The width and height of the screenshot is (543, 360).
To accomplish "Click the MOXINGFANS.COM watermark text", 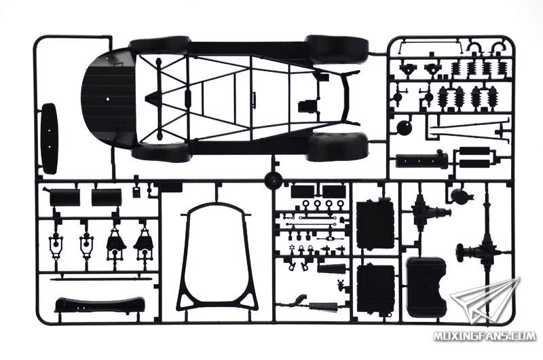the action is click(x=485, y=336).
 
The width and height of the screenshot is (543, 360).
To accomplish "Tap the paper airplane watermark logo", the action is click(x=485, y=301).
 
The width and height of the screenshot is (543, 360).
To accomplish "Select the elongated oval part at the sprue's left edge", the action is click(x=49, y=139).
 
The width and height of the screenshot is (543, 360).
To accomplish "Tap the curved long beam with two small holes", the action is click(x=100, y=304).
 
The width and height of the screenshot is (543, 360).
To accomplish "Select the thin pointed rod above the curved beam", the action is click(x=101, y=278).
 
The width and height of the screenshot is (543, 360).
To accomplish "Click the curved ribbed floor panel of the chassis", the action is click(x=108, y=98).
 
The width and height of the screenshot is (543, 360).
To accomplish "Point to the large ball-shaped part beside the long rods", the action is click(x=405, y=128).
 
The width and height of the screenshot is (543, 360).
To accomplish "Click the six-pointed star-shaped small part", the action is click(x=291, y=248).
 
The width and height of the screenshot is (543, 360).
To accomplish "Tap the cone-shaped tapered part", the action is click(x=332, y=268).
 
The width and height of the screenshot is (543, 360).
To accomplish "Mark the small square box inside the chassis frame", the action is click(x=306, y=105).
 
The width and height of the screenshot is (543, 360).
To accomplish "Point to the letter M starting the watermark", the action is click(x=438, y=336).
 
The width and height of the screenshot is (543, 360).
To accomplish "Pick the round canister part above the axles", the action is click(x=460, y=196).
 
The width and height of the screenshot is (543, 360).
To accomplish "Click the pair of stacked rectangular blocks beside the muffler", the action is click(x=474, y=158).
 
